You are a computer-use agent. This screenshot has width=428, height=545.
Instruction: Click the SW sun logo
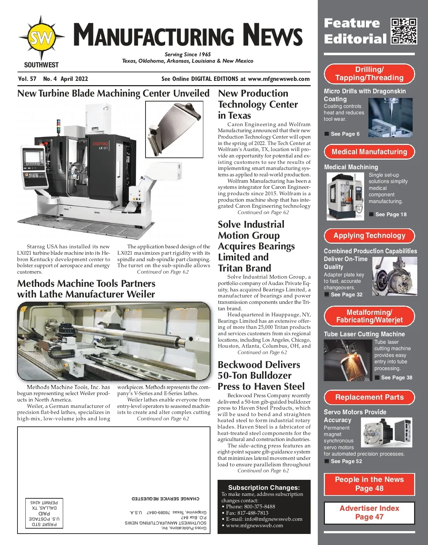pos(42,37)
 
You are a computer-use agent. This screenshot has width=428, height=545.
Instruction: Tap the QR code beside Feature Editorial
pos(404,31)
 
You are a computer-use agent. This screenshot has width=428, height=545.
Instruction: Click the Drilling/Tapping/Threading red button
pos(369,74)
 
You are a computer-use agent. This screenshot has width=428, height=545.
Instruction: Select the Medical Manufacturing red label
pos(369,152)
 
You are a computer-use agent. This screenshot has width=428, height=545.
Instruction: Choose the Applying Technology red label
pos(369,235)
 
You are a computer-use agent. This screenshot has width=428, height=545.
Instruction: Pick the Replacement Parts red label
pos(369,397)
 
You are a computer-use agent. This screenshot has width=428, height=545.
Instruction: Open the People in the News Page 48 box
pos(369,484)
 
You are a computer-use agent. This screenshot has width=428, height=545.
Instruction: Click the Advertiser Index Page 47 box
pos(369,513)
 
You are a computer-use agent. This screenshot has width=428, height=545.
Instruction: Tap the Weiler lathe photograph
pos(114,341)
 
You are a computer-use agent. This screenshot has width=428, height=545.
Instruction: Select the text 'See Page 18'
pos(391,214)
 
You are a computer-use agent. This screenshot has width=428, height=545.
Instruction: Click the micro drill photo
pos(390,118)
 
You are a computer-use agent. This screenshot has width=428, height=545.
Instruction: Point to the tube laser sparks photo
pos(348,360)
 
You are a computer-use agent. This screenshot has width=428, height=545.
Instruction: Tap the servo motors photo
pos(386,432)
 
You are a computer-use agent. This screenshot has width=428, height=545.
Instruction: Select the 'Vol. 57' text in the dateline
pos(27,79)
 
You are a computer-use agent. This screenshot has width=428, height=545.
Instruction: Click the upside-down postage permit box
pos(44,513)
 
